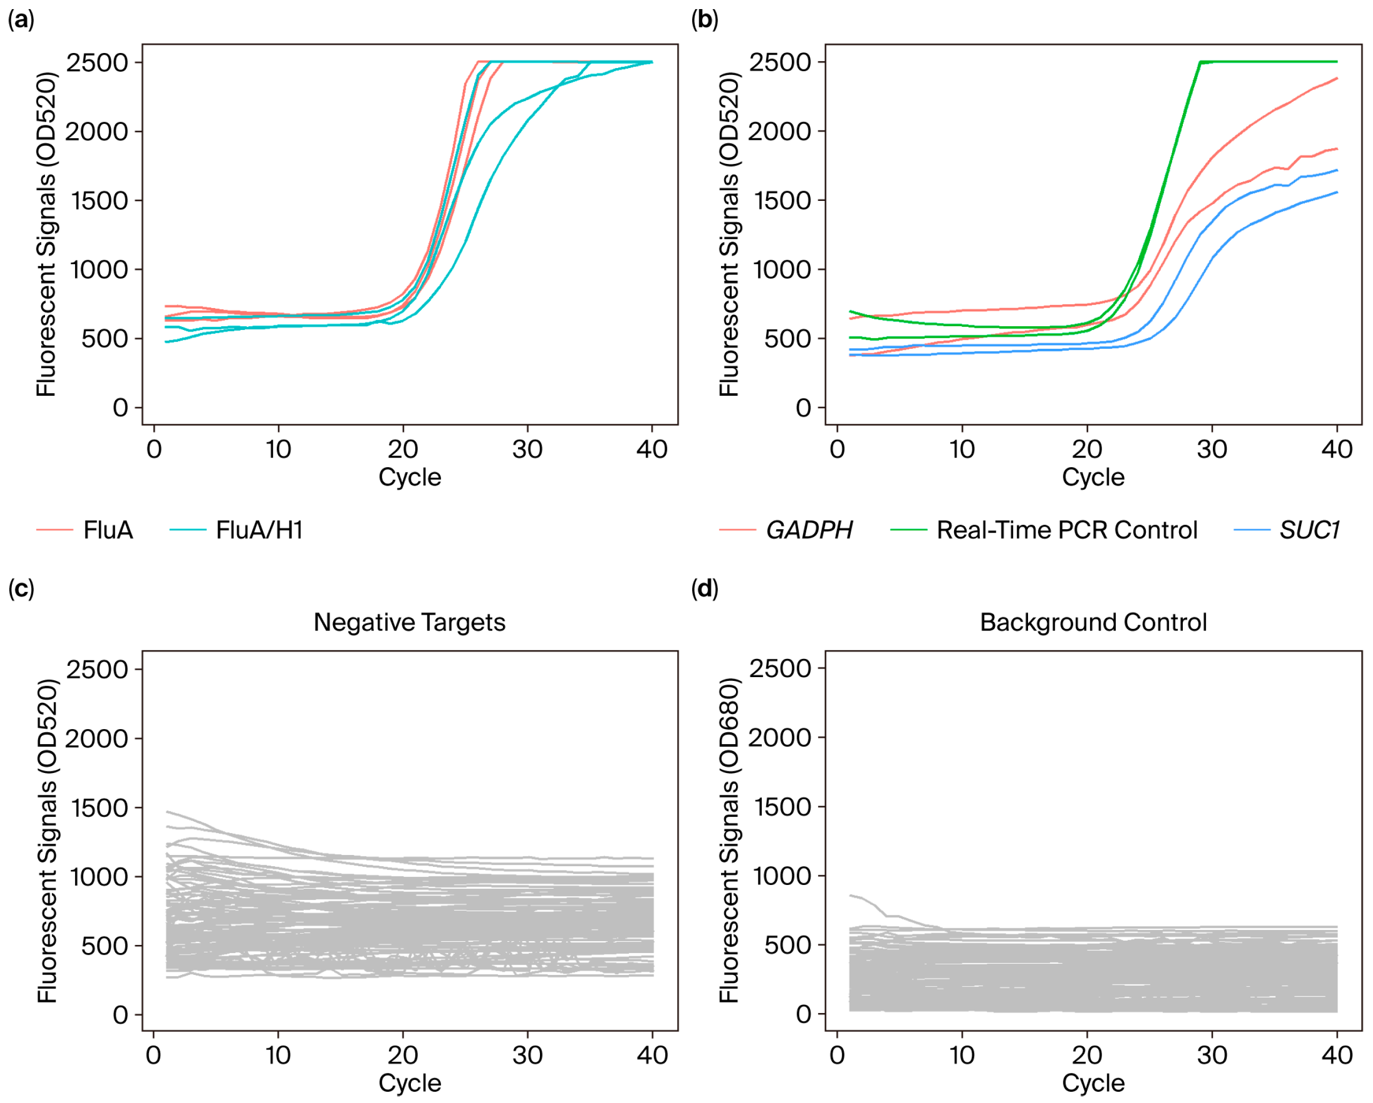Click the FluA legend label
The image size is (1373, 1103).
point(108,530)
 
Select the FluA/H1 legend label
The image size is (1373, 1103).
point(259,530)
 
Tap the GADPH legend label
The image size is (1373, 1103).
point(809,530)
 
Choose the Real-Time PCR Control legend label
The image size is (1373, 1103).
point(1067,530)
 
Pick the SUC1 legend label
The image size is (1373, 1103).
point(1309,530)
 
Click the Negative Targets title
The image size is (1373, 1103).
point(409,622)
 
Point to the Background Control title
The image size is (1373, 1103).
point(1093,622)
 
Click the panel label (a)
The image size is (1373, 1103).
point(21,20)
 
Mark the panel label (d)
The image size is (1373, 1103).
point(704,589)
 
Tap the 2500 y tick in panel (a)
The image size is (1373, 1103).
point(97,63)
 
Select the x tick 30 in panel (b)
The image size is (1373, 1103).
point(1212,449)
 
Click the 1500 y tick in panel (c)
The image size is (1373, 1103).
point(97,807)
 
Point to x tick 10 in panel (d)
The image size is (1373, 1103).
point(962,1055)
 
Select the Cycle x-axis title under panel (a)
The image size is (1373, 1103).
point(409,477)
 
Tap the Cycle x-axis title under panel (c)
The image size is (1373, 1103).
point(409,1083)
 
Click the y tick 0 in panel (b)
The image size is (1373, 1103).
point(803,408)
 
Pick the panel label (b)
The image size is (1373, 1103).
point(704,20)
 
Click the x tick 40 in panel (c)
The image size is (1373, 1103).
point(652,1055)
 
